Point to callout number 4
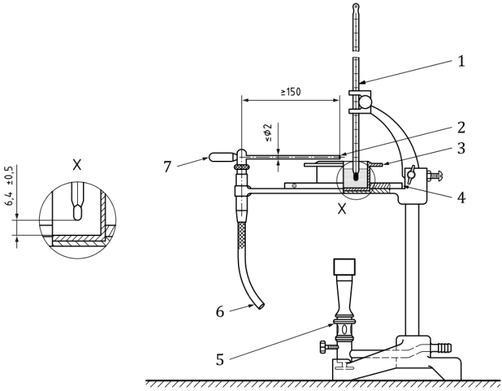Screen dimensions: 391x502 (461, 197)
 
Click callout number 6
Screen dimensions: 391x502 (220, 312)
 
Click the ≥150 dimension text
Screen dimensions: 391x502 (290, 92)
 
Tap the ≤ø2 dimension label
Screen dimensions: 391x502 (268, 133)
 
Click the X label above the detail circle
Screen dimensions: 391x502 (76, 165)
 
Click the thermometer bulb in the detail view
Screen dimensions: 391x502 (76, 212)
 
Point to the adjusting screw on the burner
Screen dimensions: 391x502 (324, 345)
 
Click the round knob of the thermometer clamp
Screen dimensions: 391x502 (367, 101)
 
